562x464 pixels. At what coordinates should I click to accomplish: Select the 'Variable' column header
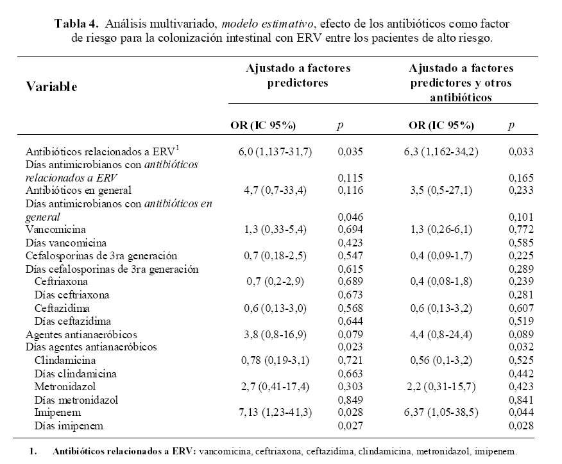pos(51,87)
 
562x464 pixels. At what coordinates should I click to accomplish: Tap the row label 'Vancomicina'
pos(55,229)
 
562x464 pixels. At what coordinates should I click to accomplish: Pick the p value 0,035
pos(350,152)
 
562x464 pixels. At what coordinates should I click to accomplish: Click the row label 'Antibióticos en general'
pos(78,190)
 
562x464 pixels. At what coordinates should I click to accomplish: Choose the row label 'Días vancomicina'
pos(65,243)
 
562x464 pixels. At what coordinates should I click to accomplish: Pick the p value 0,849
pos(350,399)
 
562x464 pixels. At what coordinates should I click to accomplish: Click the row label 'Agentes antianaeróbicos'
pos(81,334)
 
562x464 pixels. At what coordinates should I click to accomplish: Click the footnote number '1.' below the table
pos(33,451)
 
